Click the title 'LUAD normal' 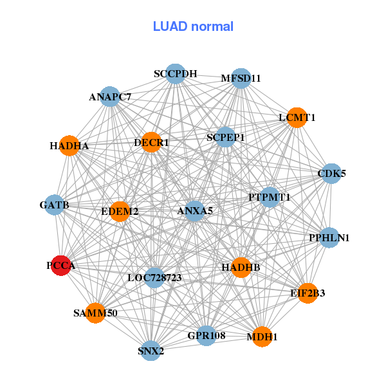(193, 26)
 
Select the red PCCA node (60, 266)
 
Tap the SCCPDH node (175, 73)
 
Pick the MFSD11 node (241, 78)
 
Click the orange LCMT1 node (297, 118)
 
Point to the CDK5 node (331, 173)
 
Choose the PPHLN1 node (329, 237)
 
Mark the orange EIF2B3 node (308, 293)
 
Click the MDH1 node (261, 336)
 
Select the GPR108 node (206, 336)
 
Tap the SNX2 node (151, 351)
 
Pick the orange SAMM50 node (95, 313)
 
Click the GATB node (54, 205)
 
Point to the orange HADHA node (69, 145)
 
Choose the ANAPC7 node (110, 97)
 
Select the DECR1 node (151, 142)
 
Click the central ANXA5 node (194, 210)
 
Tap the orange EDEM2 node (120, 211)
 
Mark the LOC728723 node (154, 278)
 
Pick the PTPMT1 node (270, 197)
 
